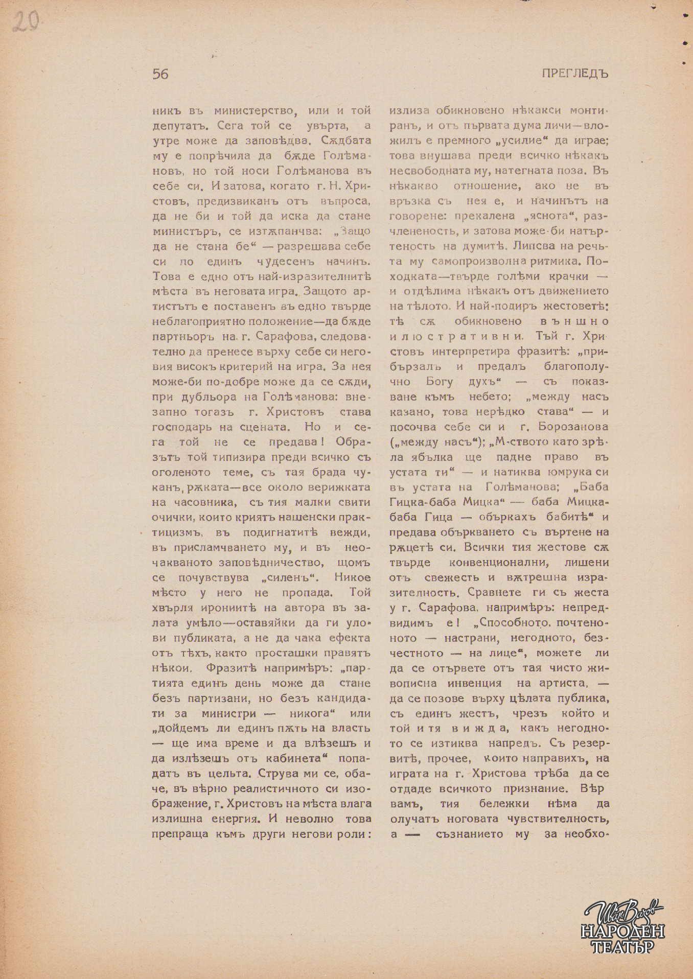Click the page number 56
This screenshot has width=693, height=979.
160,74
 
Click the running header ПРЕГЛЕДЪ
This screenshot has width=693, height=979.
575,74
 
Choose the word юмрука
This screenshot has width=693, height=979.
562,472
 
